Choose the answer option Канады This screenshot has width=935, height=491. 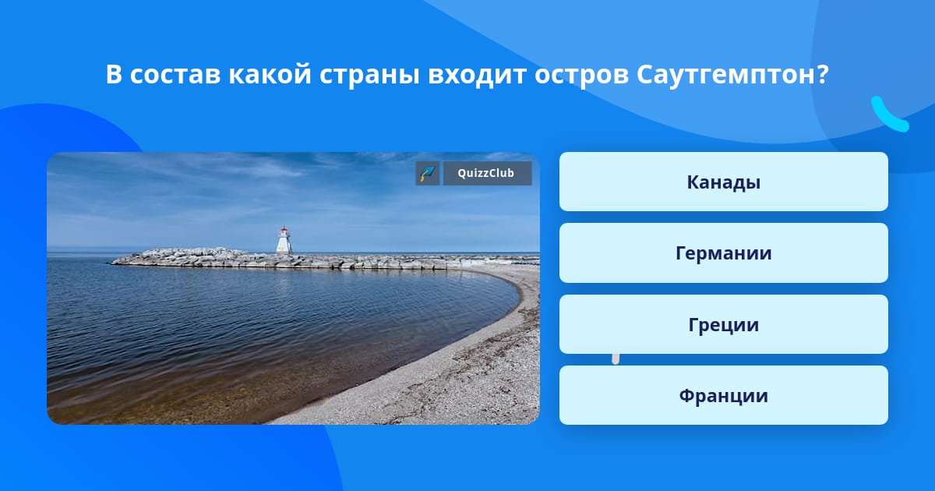point(723,182)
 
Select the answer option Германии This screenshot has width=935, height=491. point(723,253)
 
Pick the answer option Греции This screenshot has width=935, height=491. point(723,324)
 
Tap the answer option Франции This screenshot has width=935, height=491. point(723,395)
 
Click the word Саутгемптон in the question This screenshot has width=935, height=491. point(726,75)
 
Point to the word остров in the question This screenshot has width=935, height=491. point(581,75)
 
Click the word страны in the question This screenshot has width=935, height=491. point(369,76)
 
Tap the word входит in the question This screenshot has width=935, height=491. point(477,75)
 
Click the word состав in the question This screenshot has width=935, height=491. point(175,75)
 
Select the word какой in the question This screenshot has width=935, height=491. point(270,74)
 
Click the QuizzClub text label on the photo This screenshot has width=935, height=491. point(486,173)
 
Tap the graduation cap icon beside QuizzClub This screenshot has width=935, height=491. point(428,173)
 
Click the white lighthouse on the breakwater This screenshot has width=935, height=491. point(284,241)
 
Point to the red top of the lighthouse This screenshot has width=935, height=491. point(284,229)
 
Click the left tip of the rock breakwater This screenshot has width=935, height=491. point(111,263)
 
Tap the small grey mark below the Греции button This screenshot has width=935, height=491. point(616,359)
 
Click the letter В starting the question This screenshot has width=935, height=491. point(114,75)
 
